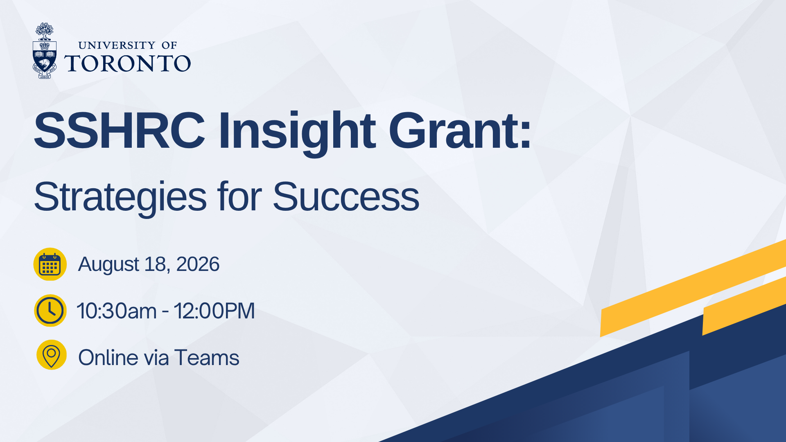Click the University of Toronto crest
point(45,51)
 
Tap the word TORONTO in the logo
point(128,63)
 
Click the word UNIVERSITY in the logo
point(117,45)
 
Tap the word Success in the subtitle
point(346,197)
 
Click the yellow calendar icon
point(50,264)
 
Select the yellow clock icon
point(50,311)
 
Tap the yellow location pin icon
point(52,355)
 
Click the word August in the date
point(108,265)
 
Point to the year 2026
point(198,264)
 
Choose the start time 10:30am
point(117,311)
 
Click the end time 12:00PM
point(214,311)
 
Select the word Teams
point(207,358)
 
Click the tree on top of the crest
point(44,31)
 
